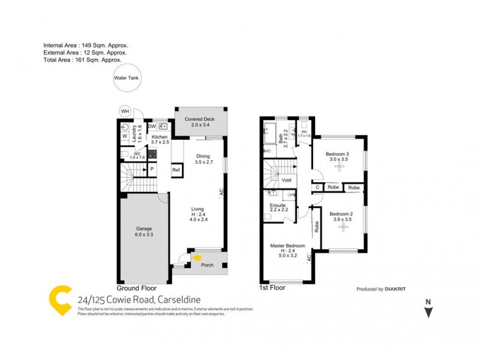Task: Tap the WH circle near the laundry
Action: point(125,111)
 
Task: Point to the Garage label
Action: point(144,229)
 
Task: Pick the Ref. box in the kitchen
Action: point(177,170)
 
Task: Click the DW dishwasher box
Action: point(152,126)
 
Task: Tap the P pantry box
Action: point(152,169)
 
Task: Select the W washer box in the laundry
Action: point(124,136)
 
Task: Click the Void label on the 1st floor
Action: point(286,179)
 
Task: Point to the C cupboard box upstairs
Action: point(317,188)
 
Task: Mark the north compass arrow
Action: point(427,310)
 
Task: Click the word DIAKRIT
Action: point(396,289)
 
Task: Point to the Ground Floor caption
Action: point(136,288)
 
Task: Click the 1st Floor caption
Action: point(272,288)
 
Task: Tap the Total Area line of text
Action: point(83,60)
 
